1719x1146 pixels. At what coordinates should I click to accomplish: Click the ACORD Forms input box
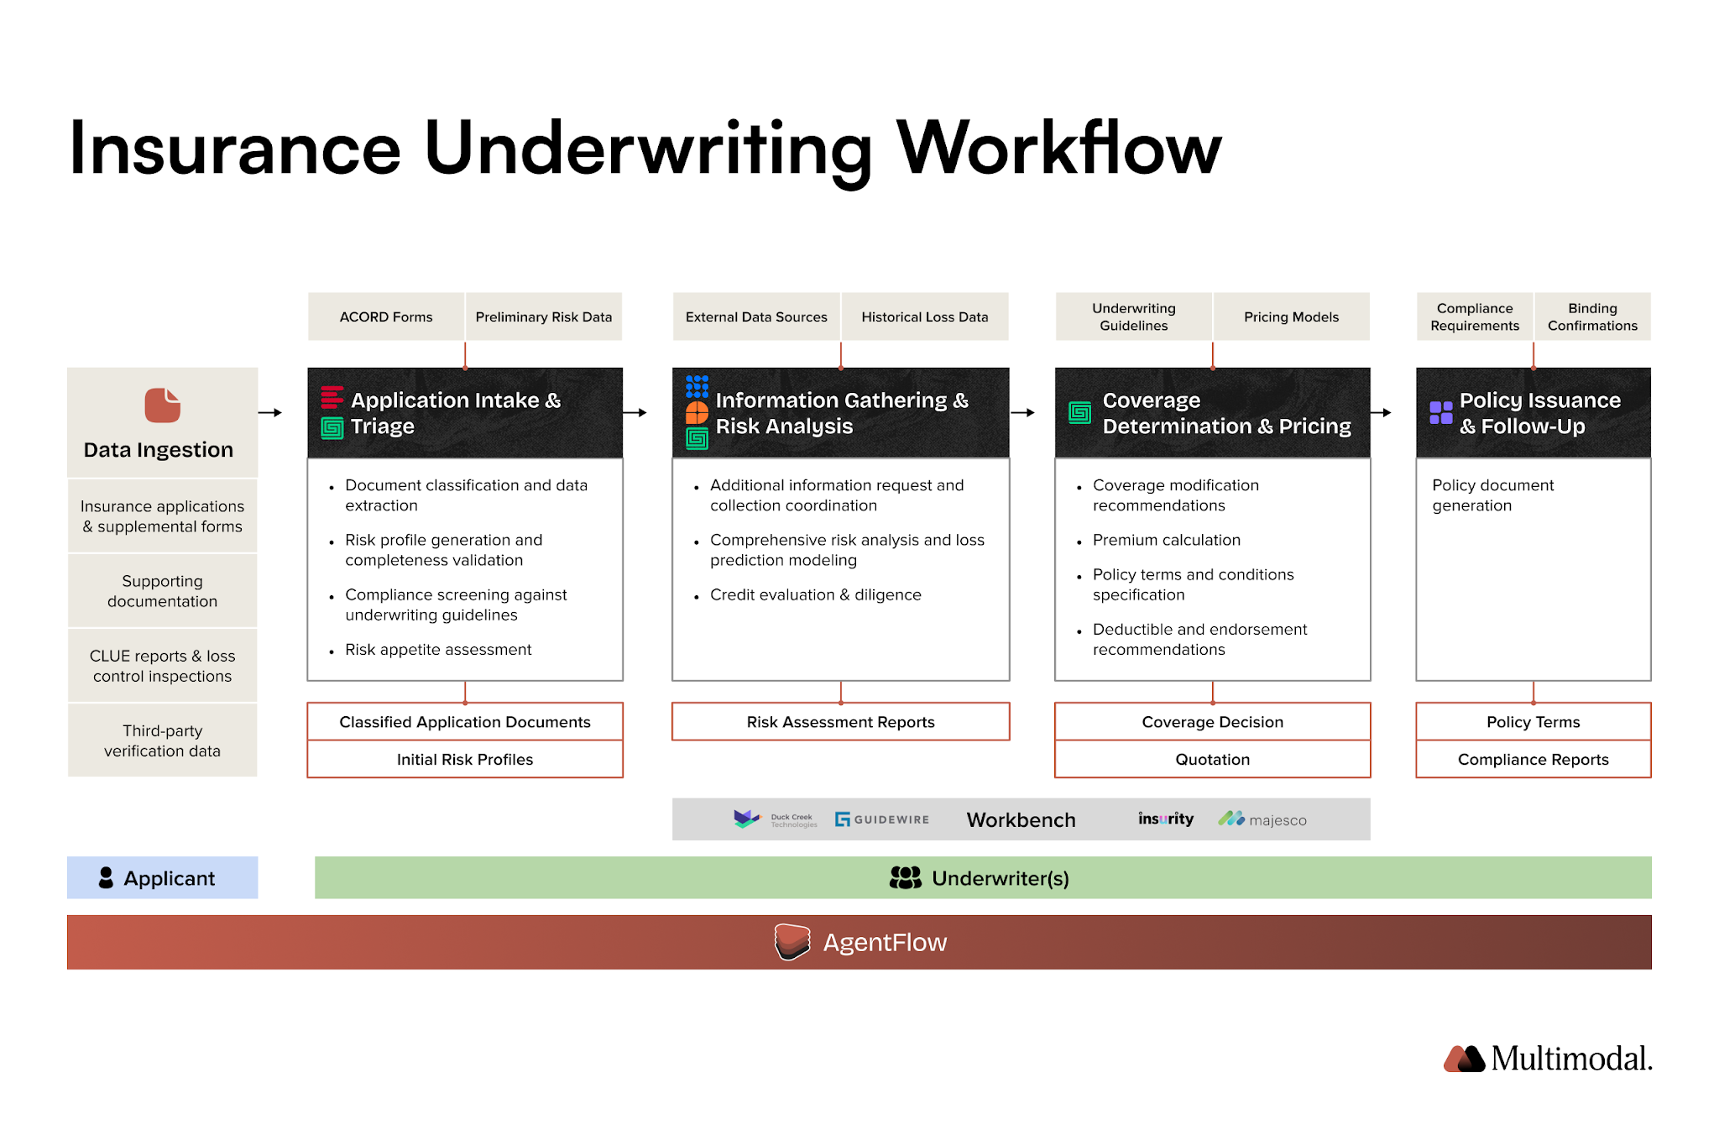pyautogui.click(x=386, y=317)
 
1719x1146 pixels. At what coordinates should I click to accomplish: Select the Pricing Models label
pyautogui.click(x=1291, y=317)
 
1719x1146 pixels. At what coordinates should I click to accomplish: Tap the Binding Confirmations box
pyautogui.click(x=1592, y=317)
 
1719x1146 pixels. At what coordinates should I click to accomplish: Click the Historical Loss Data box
pyautogui.click(x=924, y=317)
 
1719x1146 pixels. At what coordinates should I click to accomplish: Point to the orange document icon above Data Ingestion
pyautogui.click(x=162, y=406)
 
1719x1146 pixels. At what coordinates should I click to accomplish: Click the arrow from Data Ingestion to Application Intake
pyautogui.click(x=270, y=412)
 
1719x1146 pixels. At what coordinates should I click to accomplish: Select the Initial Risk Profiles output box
pyautogui.click(x=465, y=759)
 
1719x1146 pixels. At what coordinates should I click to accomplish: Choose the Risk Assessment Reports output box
pyautogui.click(x=840, y=722)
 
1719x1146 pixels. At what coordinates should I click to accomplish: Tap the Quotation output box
pyautogui.click(x=1212, y=759)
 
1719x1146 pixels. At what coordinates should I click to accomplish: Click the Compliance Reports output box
pyautogui.click(x=1533, y=759)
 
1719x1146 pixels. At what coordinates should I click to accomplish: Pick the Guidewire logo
pyautogui.click(x=881, y=819)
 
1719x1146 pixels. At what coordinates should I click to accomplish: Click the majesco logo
pyautogui.click(x=1262, y=819)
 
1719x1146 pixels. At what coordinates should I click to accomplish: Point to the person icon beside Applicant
pyautogui.click(x=106, y=877)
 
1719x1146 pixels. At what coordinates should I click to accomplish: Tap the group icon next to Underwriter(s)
pyautogui.click(x=905, y=877)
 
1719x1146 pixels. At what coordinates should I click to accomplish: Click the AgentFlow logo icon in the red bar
pyautogui.click(x=792, y=942)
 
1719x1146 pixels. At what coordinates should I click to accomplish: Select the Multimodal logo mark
pyautogui.click(x=1464, y=1059)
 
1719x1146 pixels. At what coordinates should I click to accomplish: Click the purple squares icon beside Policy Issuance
pyautogui.click(x=1440, y=412)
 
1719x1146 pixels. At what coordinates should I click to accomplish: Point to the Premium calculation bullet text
pyautogui.click(x=1166, y=540)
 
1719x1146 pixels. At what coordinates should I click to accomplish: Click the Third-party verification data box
pyautogui.click(x=162, y=740)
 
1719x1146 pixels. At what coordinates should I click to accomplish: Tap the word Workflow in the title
pyautogui.click(x=1059, y=149)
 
